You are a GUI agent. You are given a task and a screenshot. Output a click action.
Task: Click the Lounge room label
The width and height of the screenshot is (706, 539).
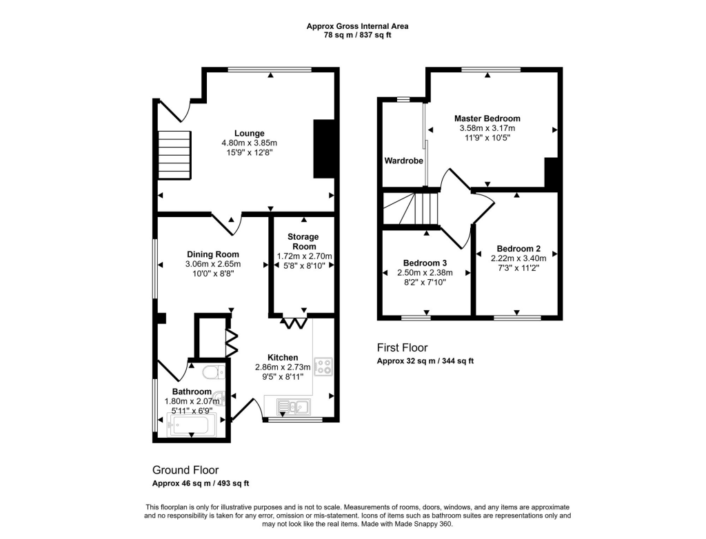(249, 133)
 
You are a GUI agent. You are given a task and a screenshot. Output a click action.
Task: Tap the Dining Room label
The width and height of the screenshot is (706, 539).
(212, 254)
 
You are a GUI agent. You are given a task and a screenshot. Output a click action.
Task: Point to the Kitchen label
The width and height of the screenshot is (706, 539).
(283, 357)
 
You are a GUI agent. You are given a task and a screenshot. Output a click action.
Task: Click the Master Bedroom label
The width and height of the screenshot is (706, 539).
(487, 119)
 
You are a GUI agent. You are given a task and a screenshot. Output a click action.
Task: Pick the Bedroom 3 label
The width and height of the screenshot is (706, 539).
(425, 263)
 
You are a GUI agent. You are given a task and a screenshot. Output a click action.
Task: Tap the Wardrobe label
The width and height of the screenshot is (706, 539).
(403, 161)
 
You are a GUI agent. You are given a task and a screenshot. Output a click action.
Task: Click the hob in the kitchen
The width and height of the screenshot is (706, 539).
(322, 366)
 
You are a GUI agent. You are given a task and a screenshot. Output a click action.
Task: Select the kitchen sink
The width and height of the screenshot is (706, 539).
(294, 406)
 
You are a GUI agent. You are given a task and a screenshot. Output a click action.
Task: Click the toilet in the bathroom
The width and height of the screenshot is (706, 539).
(212, 374)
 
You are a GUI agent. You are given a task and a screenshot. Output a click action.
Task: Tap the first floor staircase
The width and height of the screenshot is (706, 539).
(413, 208)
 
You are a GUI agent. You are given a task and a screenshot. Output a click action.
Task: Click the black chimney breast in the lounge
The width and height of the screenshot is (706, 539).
(323, 150)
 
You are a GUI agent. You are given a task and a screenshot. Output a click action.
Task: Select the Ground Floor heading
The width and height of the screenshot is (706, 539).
(185, 470)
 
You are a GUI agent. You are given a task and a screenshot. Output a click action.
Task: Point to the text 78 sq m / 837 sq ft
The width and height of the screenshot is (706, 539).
(357, 35)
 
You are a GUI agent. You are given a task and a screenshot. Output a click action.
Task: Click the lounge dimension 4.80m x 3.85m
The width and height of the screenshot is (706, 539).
(249, 143)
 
